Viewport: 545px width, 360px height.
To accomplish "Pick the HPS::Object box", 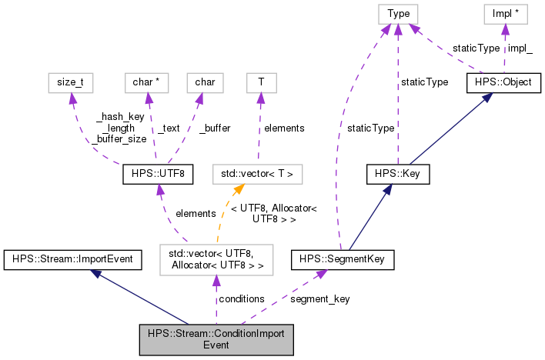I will tap(504, 82).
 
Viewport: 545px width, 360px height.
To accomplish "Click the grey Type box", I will tap(398, 13).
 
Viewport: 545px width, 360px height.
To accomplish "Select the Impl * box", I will tap(504, 13).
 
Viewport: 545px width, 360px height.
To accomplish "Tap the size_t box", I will tap(71, 82).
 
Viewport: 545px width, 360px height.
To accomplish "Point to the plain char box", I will tap(205, 82).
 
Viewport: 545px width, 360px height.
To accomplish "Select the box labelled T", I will tap(259, 82).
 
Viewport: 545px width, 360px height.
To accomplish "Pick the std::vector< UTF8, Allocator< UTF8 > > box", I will tap(216, 260).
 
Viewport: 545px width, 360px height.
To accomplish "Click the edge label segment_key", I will tap(319, 298).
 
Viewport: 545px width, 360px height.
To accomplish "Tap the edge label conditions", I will tap(242, 298).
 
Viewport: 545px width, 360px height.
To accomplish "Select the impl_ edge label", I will tap(520, 48).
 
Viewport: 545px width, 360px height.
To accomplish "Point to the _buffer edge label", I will tap(215, 128).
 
